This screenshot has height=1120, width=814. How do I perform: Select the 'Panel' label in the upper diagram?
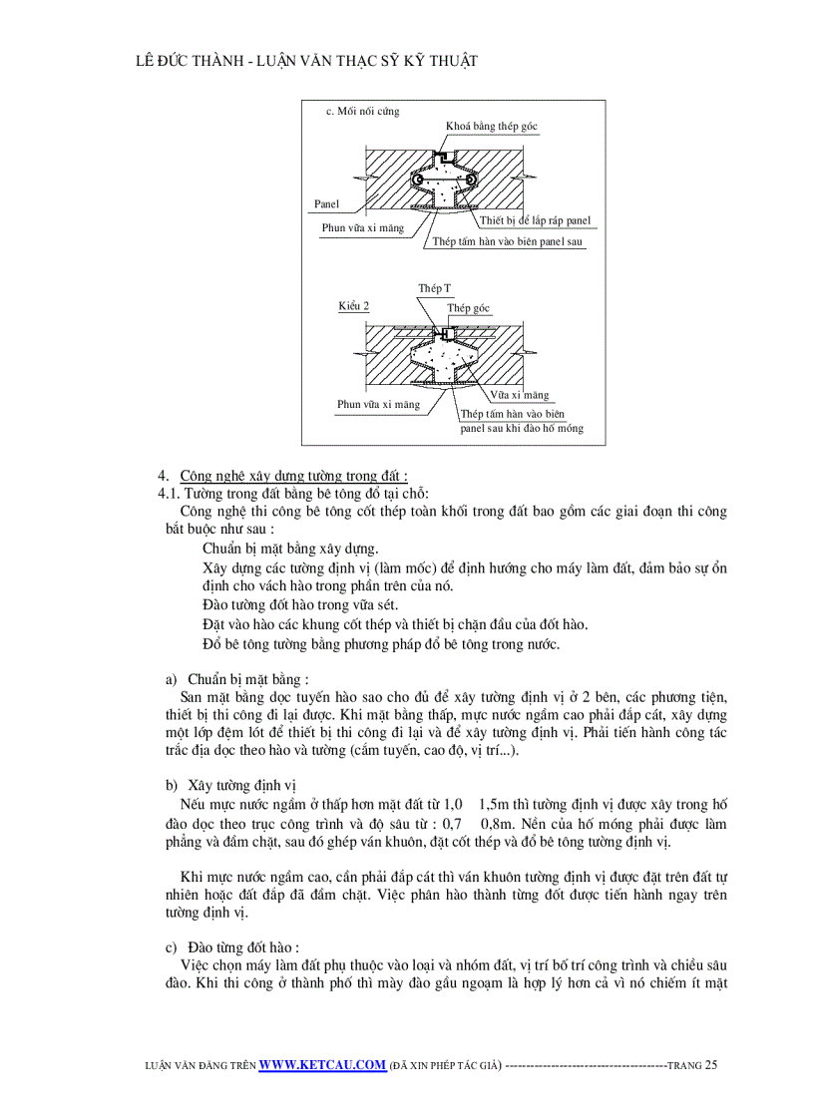pos(326,203)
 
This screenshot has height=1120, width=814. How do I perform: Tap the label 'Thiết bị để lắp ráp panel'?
pos(535,220)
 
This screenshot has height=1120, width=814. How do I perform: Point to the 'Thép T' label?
pos(434,287)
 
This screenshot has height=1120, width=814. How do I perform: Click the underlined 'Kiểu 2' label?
pos(352,306)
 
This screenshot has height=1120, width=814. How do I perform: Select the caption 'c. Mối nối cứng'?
pos(362,111)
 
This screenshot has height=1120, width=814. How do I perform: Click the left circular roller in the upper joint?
pos(404,180)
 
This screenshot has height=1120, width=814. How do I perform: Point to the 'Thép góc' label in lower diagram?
pos(469,308)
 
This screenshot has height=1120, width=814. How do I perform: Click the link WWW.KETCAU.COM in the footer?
pos(322,1065)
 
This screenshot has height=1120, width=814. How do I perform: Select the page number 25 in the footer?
pos(710,1065)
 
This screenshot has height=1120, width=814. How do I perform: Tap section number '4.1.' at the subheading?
pos(171,494)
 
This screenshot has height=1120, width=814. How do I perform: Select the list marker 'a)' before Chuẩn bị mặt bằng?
pos(172,678)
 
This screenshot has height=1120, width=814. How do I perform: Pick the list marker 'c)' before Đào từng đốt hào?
pos(171,946)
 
